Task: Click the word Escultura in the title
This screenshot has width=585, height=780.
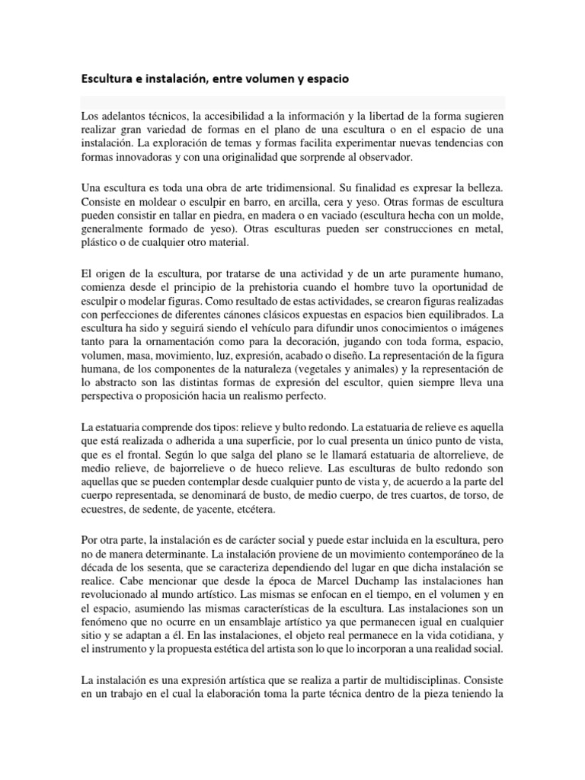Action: [107, 78]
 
